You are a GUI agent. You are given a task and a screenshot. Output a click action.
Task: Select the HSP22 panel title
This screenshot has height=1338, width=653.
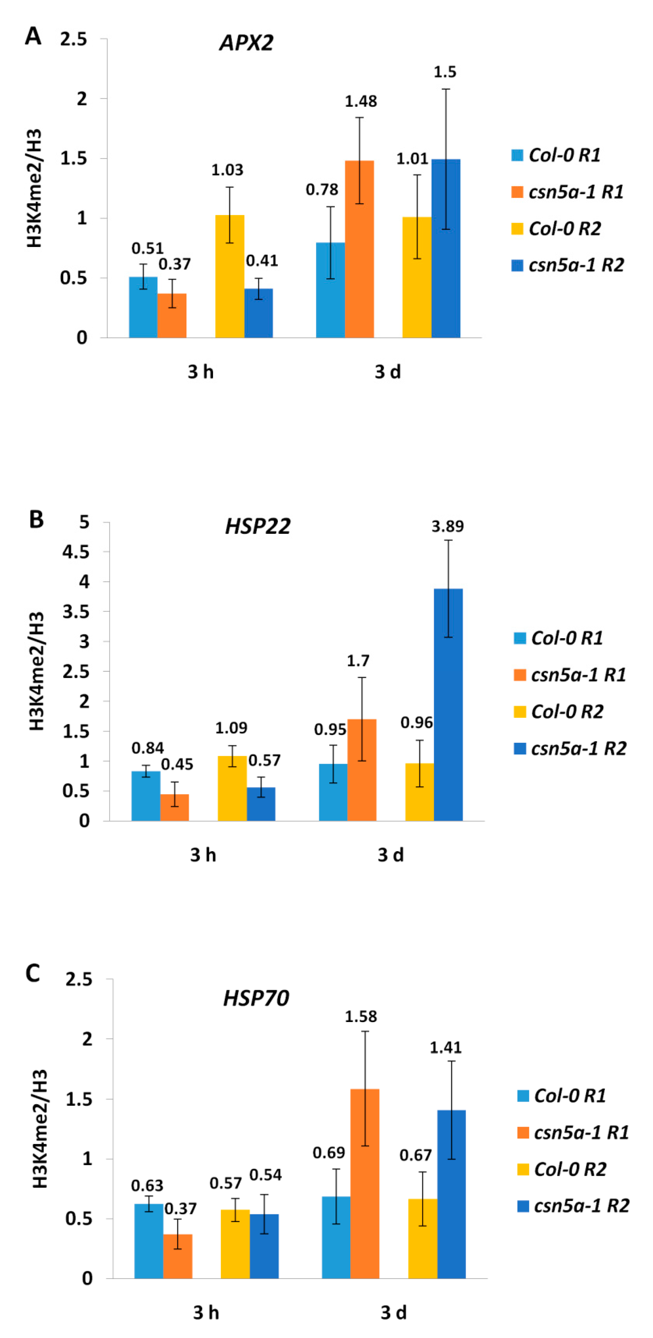(258, 526)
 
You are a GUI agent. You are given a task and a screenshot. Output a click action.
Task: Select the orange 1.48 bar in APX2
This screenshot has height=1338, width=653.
(359, 249)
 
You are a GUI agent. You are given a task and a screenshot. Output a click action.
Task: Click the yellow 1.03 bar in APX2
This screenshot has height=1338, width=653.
(230, 276)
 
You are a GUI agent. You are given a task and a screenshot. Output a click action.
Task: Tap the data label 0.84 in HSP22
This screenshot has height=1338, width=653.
(147, 748)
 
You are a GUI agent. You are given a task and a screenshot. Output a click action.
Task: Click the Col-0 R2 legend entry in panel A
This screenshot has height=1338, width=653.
(556, 229)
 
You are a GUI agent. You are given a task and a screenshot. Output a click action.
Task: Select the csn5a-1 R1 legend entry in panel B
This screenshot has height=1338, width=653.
(570, 675)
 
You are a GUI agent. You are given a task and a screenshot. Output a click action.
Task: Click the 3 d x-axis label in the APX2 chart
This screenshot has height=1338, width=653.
(388, 372)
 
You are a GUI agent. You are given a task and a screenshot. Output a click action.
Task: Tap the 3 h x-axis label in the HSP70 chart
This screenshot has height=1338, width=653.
(206, 1313)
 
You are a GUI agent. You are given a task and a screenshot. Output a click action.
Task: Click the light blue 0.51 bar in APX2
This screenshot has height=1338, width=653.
(143, 307)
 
